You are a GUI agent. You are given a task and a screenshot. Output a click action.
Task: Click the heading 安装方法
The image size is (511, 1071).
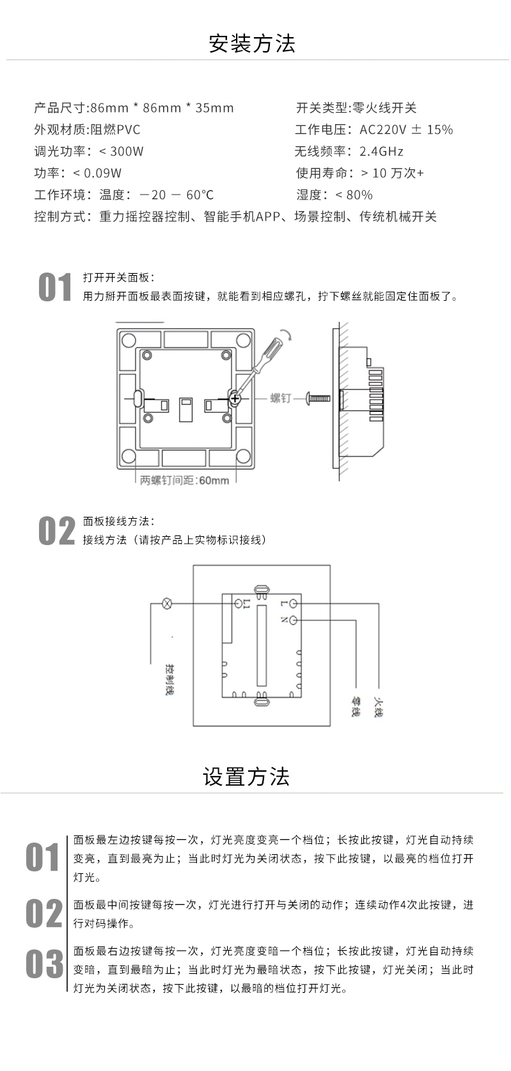(252, 44)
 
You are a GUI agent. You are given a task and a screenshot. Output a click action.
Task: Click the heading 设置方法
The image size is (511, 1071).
(246, 776)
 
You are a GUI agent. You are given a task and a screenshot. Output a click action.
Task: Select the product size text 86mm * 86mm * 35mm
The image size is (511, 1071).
(162, 107)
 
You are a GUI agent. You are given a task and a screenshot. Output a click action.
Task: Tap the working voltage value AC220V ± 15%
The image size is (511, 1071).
(406, 130)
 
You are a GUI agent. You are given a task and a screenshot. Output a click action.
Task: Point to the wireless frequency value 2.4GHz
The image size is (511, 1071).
(381, 152)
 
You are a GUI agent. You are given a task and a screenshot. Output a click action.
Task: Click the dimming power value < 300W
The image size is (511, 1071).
(122, 152)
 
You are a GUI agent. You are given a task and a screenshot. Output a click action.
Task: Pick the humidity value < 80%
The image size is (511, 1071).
(354, 195)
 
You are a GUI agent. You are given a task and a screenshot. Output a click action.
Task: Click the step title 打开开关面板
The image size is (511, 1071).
(118, 278)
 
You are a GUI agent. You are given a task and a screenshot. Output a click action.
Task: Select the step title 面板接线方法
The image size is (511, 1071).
(118, 521)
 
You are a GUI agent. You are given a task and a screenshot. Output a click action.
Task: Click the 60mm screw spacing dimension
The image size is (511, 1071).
(213, 480)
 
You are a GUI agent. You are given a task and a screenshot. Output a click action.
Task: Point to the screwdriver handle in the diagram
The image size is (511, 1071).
(271, 349)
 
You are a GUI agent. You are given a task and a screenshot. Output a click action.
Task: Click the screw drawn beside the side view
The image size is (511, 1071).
(318, 398)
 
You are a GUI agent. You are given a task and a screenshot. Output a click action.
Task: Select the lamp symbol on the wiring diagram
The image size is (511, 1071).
(168, 603)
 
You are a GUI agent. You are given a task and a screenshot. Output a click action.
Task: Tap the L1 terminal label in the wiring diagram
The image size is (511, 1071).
(247, 603)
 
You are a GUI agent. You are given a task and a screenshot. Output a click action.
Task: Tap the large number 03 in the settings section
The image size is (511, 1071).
(45, 964)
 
